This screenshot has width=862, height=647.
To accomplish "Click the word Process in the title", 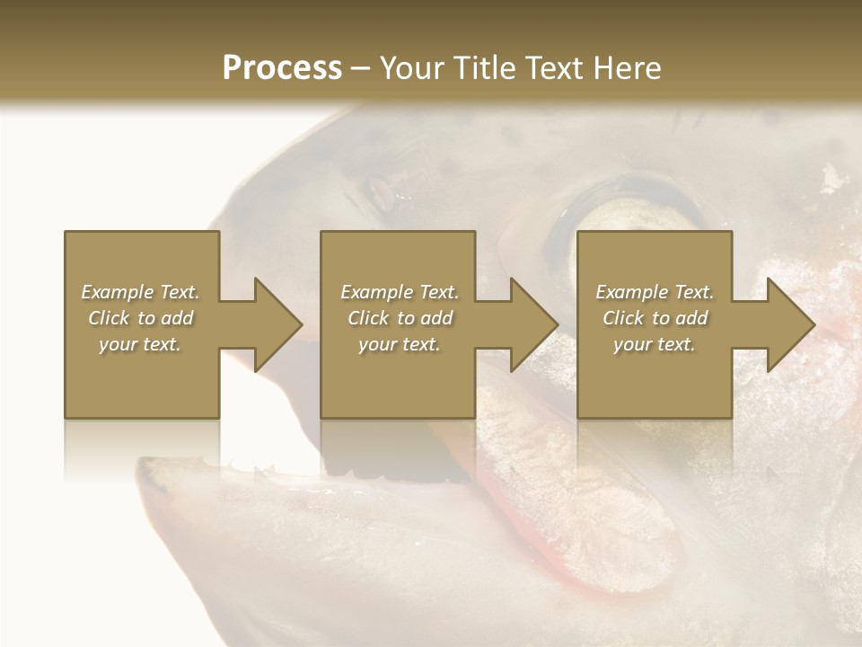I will pos(282,68).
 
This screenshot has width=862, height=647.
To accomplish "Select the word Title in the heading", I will pos(482,68).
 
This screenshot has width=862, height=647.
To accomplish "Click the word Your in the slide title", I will pos(410,68).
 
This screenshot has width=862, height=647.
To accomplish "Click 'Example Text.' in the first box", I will pos(140,292).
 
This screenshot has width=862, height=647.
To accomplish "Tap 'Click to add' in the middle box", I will pos(400,318).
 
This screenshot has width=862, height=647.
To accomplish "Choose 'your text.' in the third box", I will pos(654,344).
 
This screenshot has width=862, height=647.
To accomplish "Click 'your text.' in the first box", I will pos(140,344).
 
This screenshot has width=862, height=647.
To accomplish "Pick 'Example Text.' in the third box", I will pos(655,292).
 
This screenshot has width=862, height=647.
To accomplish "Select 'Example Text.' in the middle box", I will pos(400,292).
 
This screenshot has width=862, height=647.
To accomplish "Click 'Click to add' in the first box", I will pos(140,318).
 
